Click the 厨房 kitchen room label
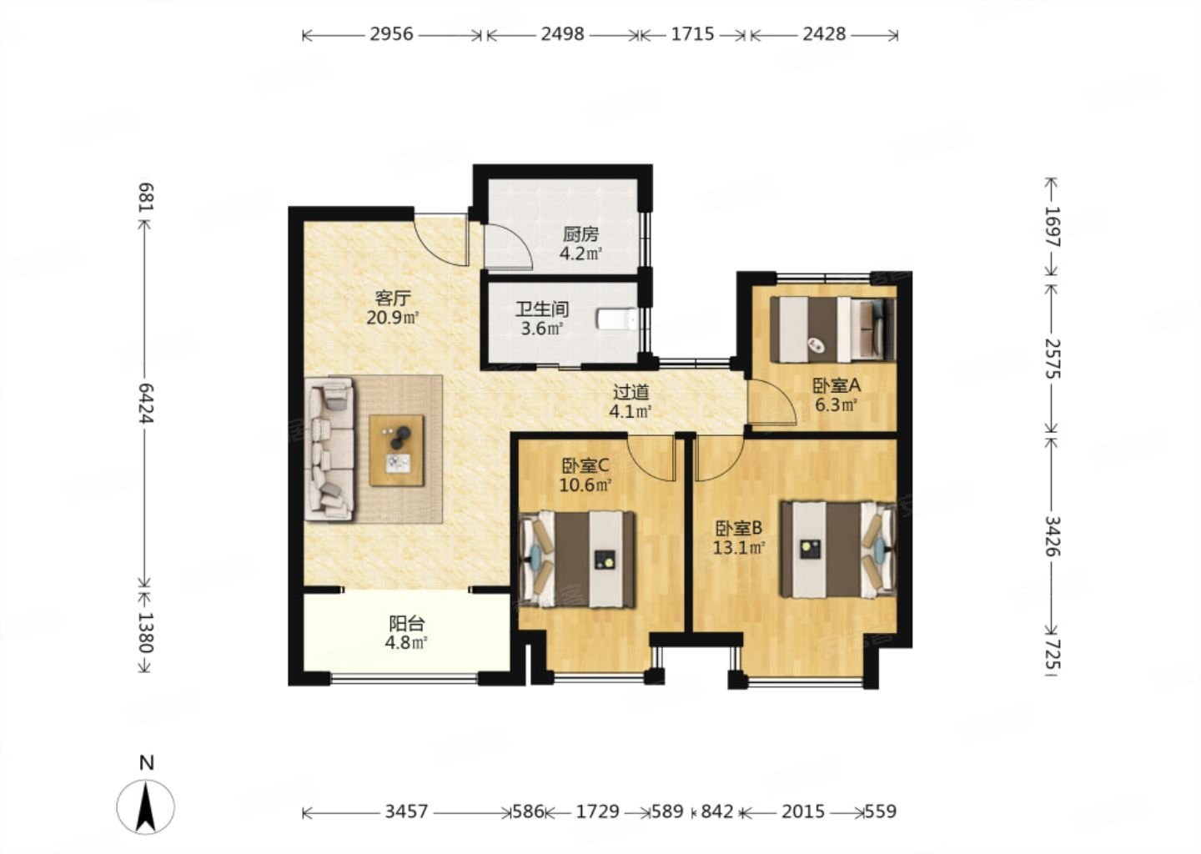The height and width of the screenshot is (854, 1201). pos(580,235)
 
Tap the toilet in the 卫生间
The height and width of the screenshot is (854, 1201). pos(617,319)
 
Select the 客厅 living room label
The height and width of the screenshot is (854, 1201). pos(393,298)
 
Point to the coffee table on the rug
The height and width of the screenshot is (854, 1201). pos(397,450)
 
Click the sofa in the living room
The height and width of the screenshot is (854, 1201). pos(329,450)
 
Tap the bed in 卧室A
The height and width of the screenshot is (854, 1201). pos(832,329)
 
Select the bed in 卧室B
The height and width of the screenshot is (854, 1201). pos(838,550)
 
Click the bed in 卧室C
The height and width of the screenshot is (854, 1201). pos(578,559)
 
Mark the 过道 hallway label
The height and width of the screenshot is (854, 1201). pos(631,393)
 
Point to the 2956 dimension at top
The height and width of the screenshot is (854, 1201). pos(392,34)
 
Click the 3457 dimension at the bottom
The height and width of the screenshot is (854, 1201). pos(406,811)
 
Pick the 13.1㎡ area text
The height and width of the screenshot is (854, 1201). pos(739,548)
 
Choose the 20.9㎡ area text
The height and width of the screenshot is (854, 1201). pos(393,318)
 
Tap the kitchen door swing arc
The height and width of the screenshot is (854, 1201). pos(508,245)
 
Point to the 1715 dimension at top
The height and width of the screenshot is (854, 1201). pos(693,34)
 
